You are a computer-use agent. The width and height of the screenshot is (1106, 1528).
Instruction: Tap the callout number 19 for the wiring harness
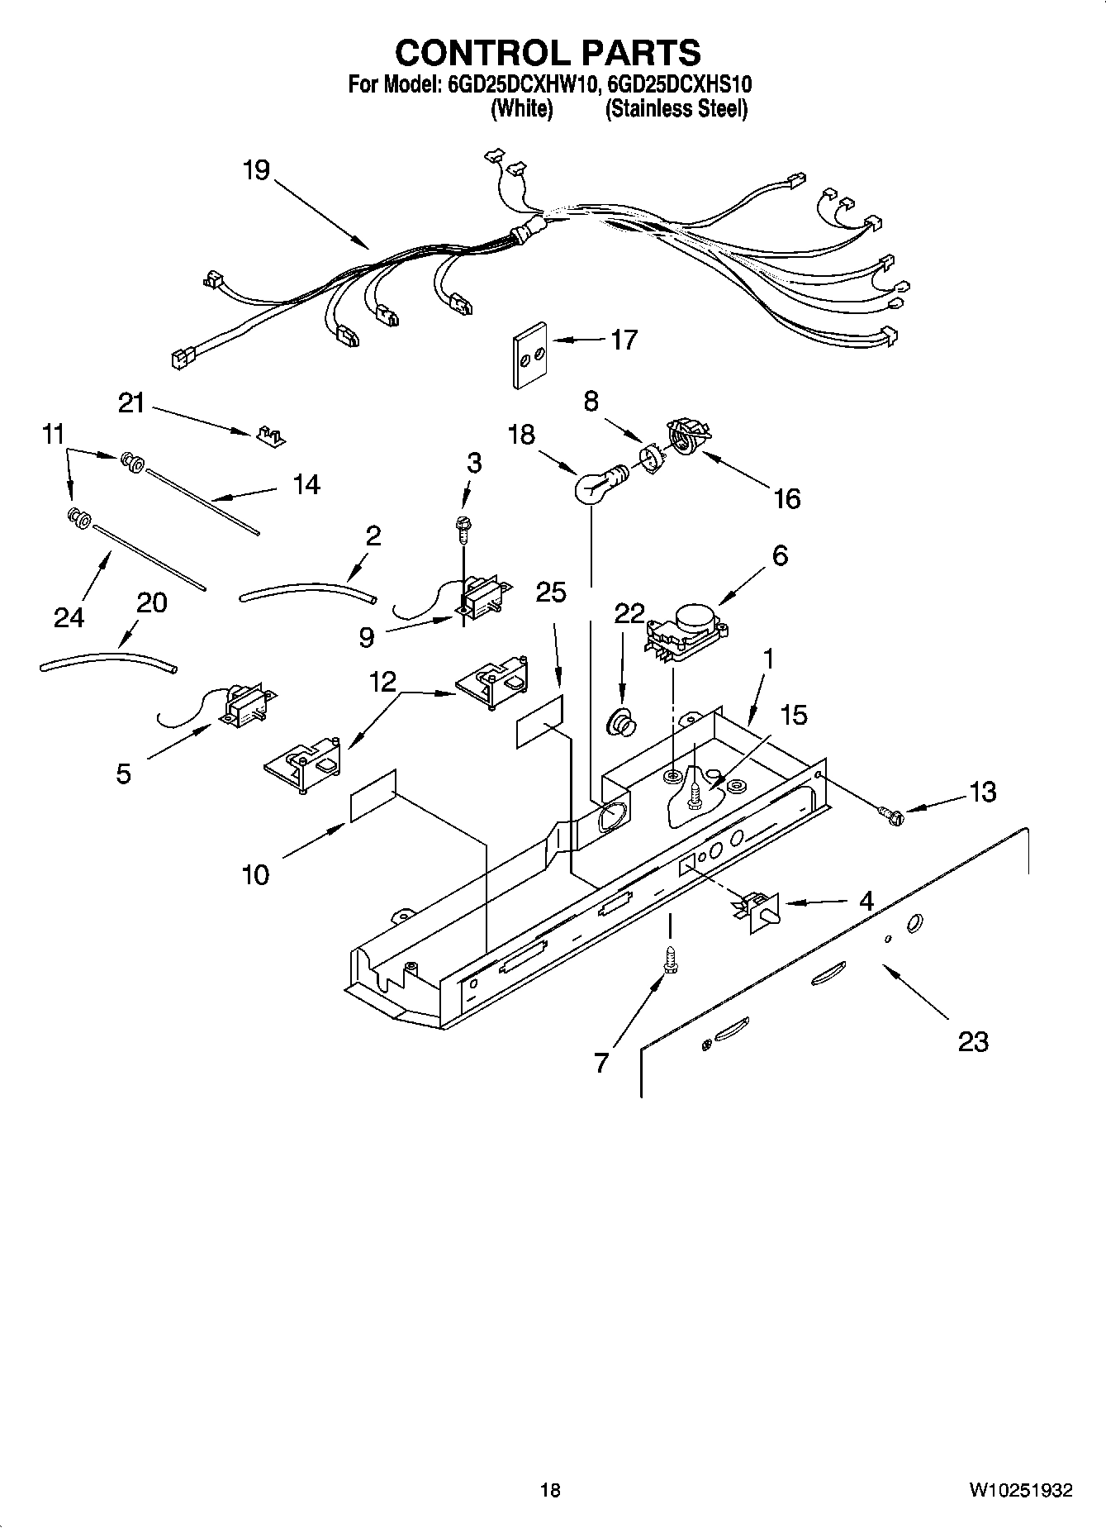click(256, 171)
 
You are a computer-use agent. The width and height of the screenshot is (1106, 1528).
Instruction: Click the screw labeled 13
click(895, 816)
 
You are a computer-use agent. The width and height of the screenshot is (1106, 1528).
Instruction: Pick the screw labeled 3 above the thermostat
click(463, 529)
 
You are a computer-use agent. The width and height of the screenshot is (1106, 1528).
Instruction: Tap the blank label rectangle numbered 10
click(373, 796)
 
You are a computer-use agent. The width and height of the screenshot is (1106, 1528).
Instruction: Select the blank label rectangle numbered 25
click(540, 721)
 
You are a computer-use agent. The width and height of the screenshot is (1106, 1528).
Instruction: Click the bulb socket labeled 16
click(686, 436)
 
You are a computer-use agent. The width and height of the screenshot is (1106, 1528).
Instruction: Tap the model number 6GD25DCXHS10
click(679, 84)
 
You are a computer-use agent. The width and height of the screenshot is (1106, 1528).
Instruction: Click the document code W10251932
click(1021, 1489)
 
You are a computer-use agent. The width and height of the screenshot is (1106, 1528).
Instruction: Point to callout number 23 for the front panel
click(972, 1042)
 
